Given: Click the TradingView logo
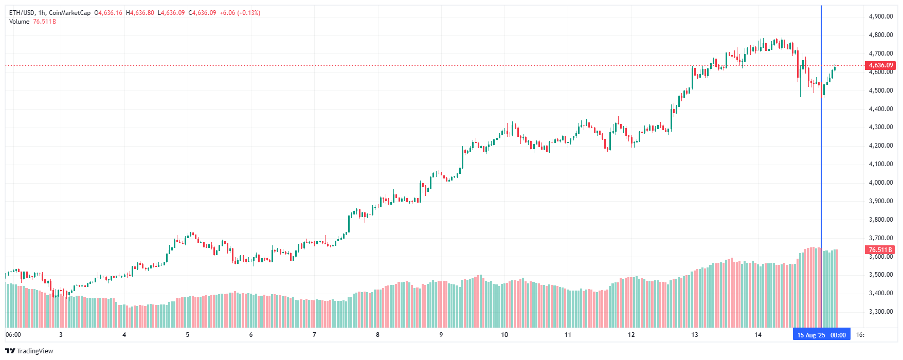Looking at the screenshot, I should point(29,351).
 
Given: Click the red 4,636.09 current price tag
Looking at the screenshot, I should point(881,65).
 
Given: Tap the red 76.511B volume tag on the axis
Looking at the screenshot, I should point(880,250).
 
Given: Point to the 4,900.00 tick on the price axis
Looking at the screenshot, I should point(880,16).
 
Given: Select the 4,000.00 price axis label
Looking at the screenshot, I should point(880,183).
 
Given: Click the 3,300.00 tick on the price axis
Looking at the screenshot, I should point(880,312).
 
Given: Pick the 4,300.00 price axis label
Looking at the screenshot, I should point(880,127).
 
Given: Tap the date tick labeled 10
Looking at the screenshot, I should point(504,335).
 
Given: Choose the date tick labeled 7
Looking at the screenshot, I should point(314,335).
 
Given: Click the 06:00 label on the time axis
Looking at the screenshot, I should point(13,335).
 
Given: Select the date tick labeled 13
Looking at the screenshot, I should point(695,335).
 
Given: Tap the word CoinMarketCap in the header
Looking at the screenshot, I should point(69,13).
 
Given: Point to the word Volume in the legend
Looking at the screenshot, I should point(19,22).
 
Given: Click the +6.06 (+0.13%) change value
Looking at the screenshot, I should point(240,13).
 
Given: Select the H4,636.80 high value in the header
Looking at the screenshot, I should point(140,13).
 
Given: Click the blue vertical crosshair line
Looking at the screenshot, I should point(821,154).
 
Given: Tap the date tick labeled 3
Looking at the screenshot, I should point(61,335).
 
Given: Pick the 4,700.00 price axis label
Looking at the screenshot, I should point(880,53).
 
